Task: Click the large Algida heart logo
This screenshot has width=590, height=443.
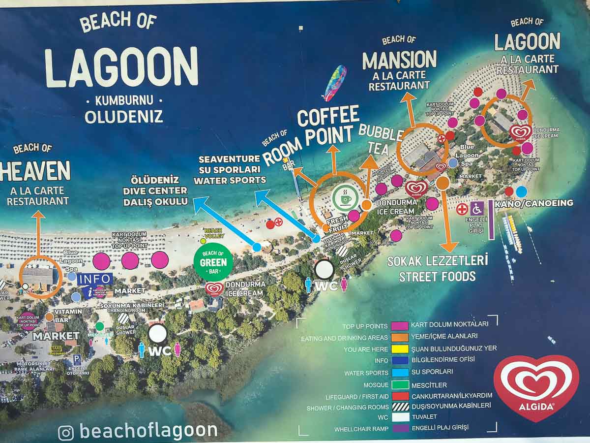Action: (536, 387)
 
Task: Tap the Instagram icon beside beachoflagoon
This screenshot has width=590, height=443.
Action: (66, 432)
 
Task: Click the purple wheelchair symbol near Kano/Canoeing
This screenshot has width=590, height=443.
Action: (477, 209)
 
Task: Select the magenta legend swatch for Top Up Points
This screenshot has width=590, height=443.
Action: (400, 326)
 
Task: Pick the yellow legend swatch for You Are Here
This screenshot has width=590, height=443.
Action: (400, 348)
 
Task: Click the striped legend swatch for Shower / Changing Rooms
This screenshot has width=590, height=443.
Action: (400, 407)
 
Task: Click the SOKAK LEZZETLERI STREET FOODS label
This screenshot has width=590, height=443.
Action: (437, 268)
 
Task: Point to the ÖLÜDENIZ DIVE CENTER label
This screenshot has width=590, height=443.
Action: (155, 190)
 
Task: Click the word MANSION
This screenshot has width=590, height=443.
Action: (399, 60)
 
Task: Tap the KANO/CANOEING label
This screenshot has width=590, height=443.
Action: (534, 203)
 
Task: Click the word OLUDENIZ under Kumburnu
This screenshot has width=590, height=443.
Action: (123, 117)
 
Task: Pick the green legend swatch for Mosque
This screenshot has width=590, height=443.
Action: (400, 384)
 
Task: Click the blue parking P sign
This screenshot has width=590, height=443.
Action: (77, 359)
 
